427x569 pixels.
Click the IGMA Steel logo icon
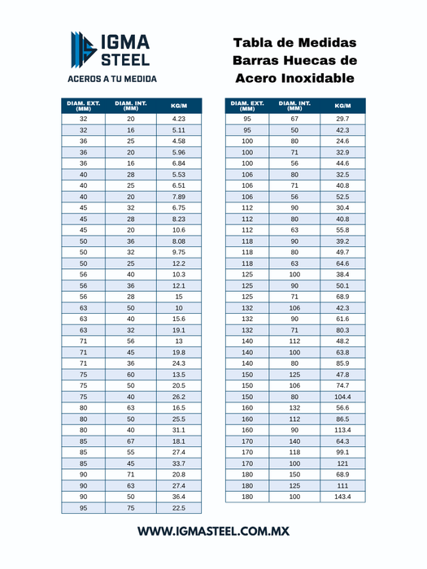pos(82,49)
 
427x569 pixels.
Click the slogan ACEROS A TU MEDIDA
pos(112,80)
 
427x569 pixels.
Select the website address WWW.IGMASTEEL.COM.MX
pos(213,531)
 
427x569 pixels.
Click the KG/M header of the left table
pos(179,106)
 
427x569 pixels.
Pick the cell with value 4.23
pos(179,119)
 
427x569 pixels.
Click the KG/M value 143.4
pos(342,496)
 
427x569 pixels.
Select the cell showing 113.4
pos(342,430)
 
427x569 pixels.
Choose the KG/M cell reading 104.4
pos(342,397)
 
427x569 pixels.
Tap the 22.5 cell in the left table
pos(179,508)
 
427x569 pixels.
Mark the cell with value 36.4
pos(179,497)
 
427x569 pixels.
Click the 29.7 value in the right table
pos(342,119)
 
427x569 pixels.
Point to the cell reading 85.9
pos(342,363)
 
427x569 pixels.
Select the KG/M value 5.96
pos(179,152)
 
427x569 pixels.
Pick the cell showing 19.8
pos(179,353)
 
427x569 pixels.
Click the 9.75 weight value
pos(179,252)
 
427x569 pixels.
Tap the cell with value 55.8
pos(342,230)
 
